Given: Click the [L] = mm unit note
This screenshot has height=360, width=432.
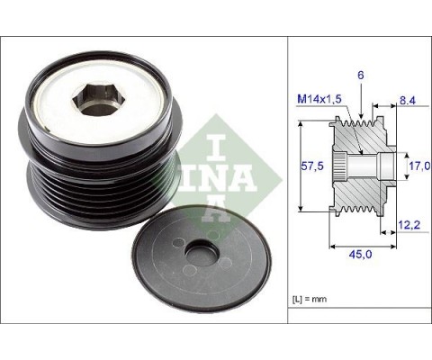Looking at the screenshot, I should tap(310, 295).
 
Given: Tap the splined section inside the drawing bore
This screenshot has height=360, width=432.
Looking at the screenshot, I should tap(341, 167).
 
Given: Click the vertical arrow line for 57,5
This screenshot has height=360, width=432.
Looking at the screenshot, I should tap(297, 167).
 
